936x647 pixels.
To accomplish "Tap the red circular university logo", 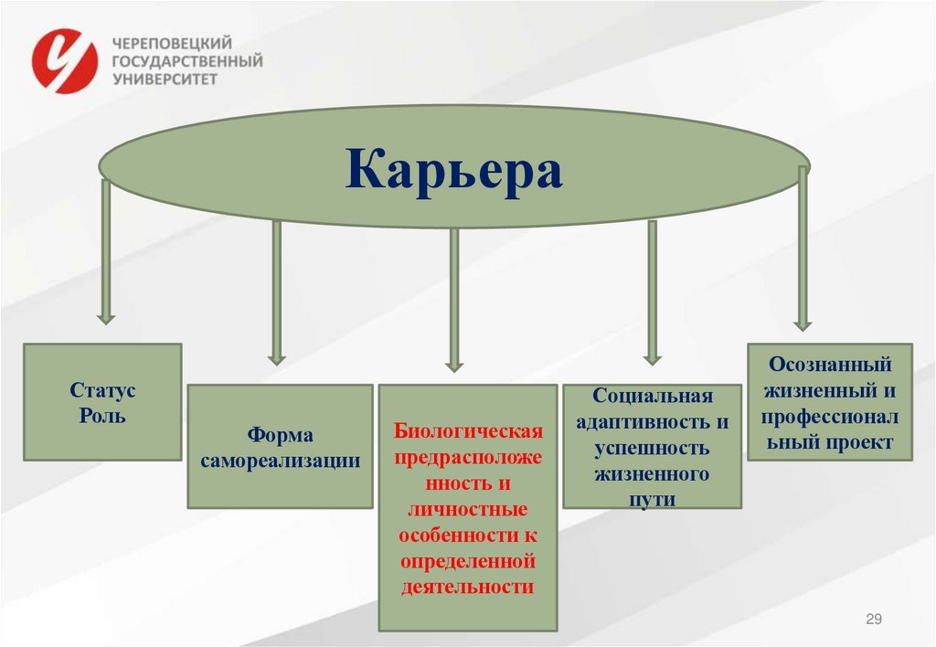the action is (x=64, y=61).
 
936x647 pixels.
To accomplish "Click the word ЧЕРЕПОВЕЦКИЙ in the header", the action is (x=172, y=43).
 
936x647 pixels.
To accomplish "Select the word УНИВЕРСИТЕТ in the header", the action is (x=165, y=80).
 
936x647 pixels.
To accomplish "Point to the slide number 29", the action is (x=874, y=620).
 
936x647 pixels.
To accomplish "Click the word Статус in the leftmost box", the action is (x=102, y=390).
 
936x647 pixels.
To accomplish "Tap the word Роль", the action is (x=102, y=417).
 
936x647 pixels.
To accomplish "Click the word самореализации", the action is (x=280, y=461).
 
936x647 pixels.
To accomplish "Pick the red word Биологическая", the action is (x=468, y=430).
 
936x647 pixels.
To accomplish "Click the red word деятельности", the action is (x=467, y=586).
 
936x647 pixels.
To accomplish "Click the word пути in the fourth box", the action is (x=652, y=500).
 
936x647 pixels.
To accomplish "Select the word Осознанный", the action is (x=829, y=364).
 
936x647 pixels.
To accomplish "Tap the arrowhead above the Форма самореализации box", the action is (x=276, y=357).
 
